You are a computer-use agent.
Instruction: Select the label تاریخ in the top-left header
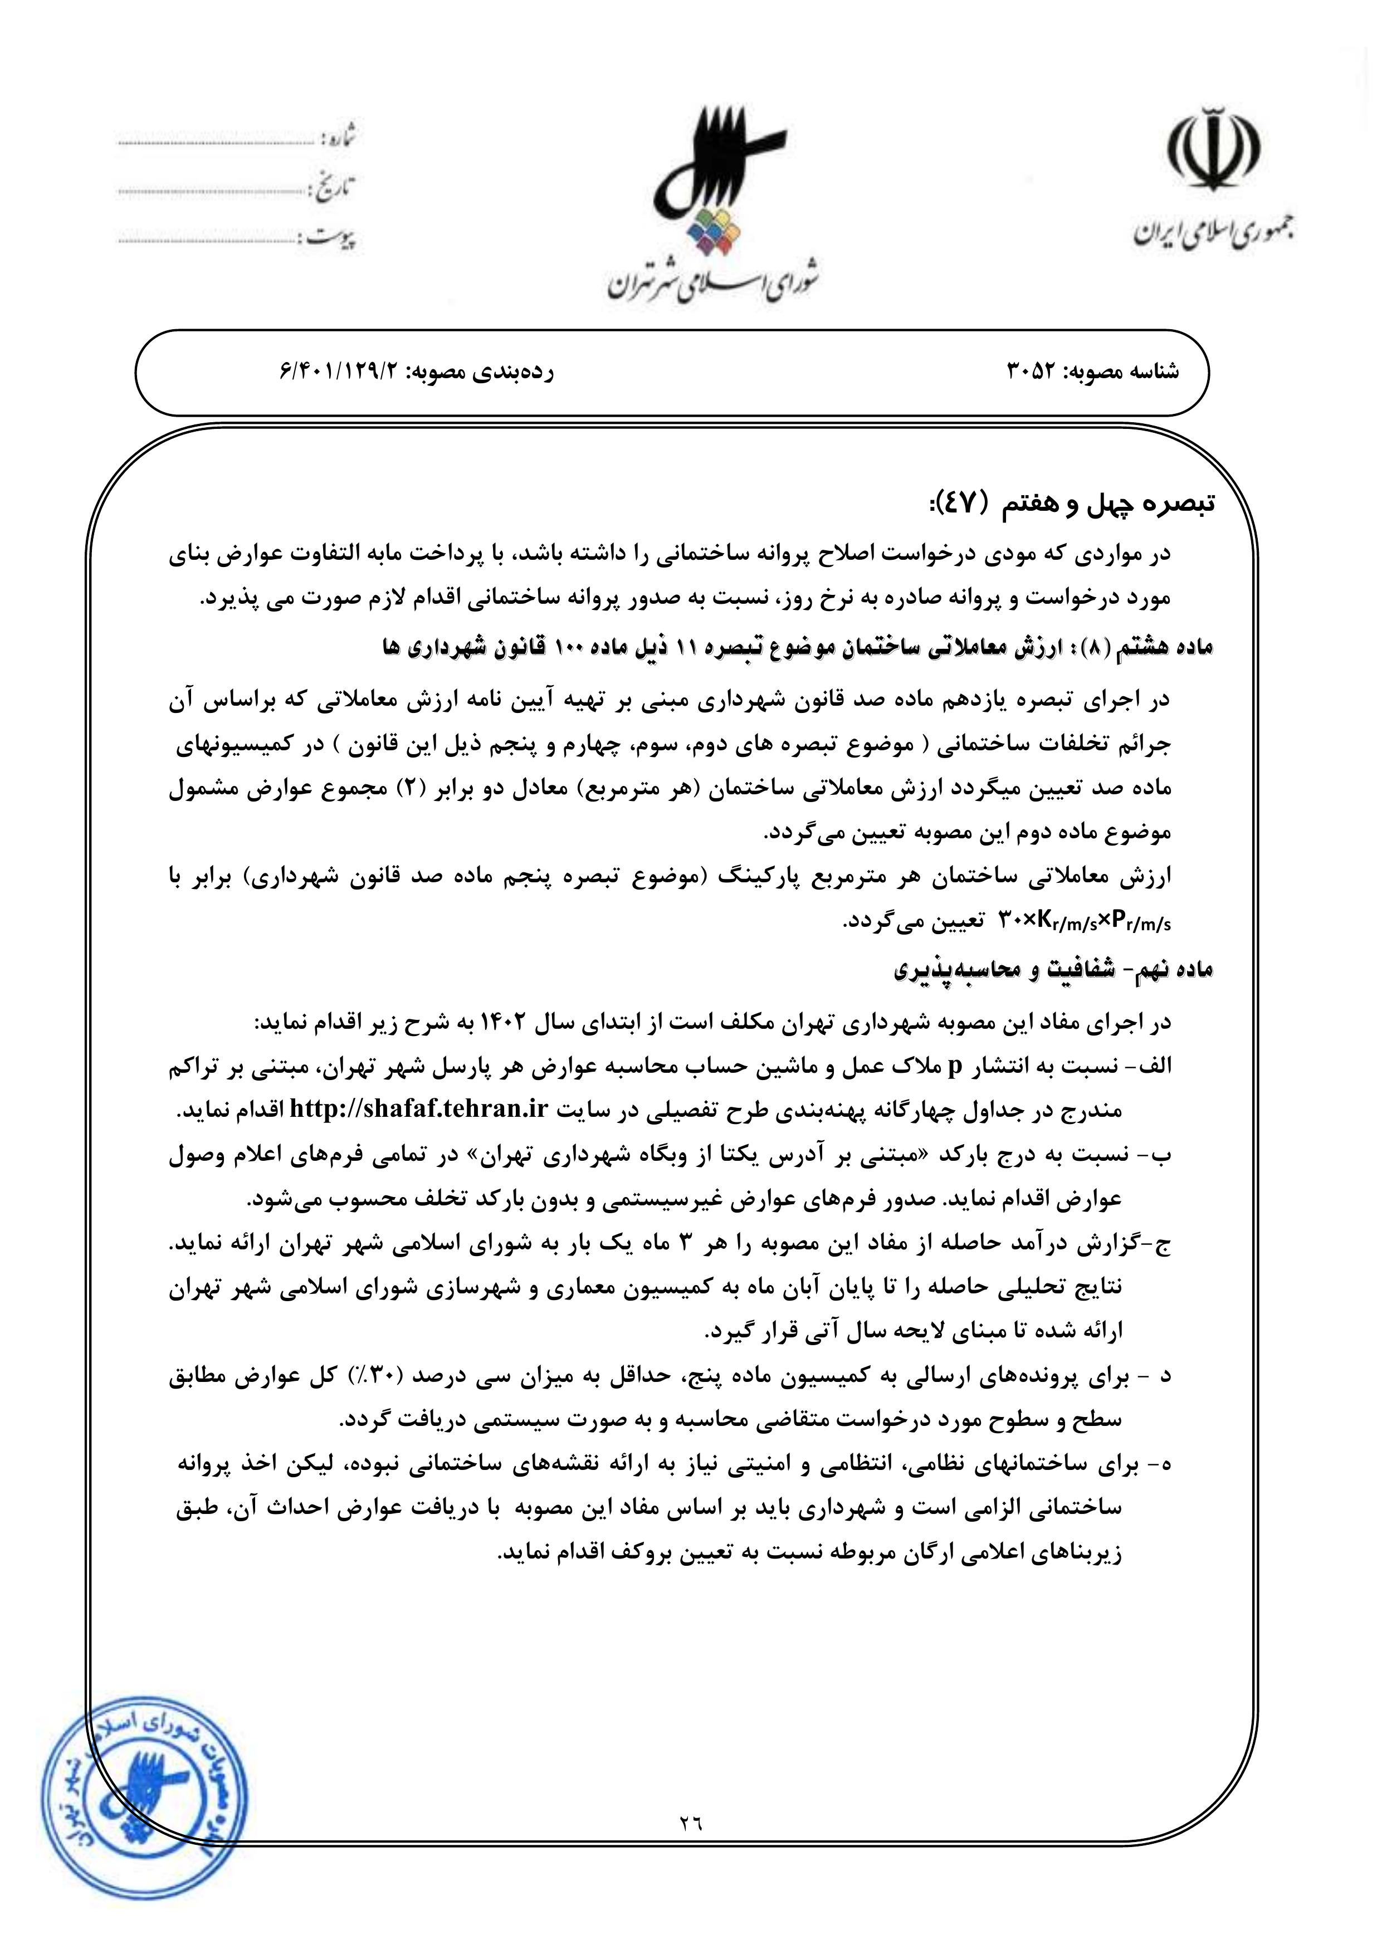[x=336, y=187]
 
